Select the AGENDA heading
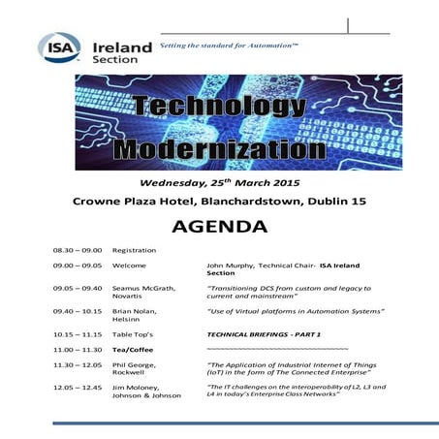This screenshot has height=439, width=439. click(219, 229)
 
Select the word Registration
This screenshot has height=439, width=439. click(134, 250)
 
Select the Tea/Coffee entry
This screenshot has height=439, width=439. click(134, 348)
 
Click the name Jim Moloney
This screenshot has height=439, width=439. click(140, 387)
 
